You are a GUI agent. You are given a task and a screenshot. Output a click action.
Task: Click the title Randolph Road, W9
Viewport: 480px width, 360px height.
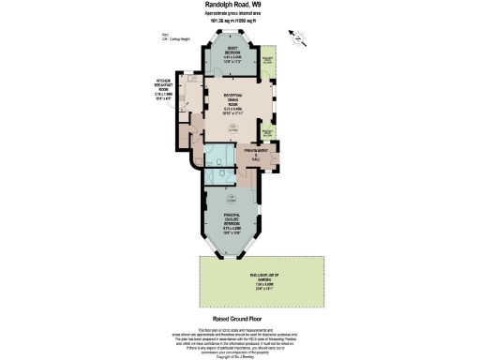tap(239, 6)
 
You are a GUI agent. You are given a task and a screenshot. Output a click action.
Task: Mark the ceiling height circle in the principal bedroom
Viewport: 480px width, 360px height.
tap(231, 199)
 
